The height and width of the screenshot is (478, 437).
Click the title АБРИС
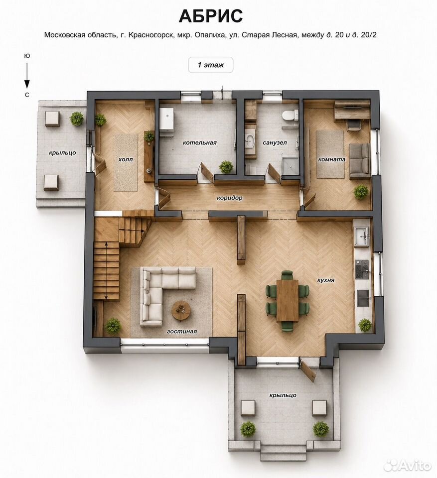(211, 16)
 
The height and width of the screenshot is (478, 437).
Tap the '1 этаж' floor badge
(211, 65)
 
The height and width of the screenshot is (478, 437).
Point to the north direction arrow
(27, 76)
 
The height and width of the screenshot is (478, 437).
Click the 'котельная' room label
(200, 143)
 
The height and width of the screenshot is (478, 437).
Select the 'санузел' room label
(275, 143)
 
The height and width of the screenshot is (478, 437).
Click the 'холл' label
(126, 159)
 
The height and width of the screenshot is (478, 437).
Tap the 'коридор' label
(230, 198)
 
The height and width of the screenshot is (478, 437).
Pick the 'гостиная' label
(182, 332)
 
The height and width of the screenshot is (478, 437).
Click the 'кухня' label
(326, 280)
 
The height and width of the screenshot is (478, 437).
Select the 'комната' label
(332, 159)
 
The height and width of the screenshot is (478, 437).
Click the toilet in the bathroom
(290, 116)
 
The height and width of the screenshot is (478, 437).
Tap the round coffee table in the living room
(181, 310)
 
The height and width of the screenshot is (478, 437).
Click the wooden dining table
(288, 300)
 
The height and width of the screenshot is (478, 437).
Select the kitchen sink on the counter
(362, 236)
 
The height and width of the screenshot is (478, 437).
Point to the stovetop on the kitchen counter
(362, 269)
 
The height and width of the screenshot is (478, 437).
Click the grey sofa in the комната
(359, 161)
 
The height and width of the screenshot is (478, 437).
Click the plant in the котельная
(226, 167)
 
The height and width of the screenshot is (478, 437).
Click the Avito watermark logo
(408, 465)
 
